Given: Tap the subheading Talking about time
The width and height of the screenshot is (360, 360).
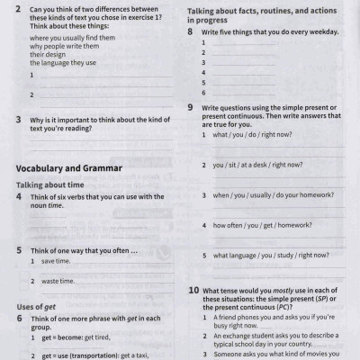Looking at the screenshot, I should [53, 184].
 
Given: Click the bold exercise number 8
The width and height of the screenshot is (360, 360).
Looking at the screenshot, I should [191, 31].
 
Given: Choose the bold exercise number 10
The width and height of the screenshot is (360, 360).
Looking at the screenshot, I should [193, 290].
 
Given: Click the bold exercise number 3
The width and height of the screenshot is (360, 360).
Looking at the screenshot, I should [19, 119].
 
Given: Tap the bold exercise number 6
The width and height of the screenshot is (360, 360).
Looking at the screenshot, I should [19, 319].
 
